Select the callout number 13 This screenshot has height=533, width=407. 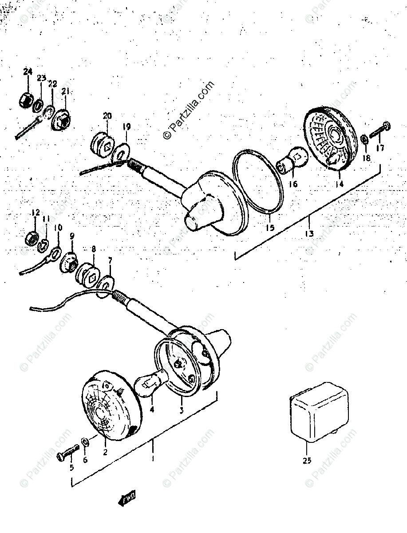309,233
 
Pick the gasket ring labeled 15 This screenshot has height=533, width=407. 257,182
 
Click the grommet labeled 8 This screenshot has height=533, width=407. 91,276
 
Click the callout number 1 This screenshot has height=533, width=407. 152,458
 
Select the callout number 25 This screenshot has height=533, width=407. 307,460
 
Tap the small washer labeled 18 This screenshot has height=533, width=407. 364,140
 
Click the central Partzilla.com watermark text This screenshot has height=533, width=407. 189,110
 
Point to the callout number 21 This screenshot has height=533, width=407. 66,92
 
